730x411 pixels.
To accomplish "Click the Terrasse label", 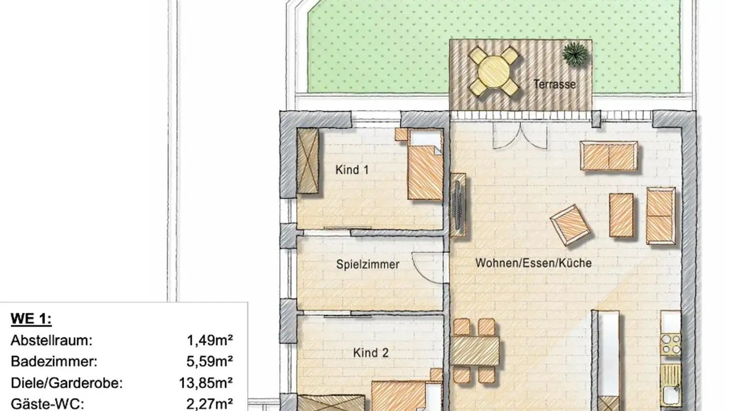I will tap(555, 85).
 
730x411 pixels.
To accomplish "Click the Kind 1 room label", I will tap(352, 170).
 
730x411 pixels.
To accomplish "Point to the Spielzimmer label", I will tap(368, 264).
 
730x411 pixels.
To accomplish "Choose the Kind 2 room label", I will tap(371, 353).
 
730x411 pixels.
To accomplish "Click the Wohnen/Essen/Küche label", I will tap(533, 264).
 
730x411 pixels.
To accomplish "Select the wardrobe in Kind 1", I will tap(307, 160).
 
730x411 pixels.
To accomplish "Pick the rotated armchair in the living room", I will tap(570, 224).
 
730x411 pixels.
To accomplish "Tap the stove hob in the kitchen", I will tap(670, 344).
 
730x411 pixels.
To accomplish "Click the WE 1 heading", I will tap(31, 319).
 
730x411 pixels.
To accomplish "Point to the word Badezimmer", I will tap(54, 362).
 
